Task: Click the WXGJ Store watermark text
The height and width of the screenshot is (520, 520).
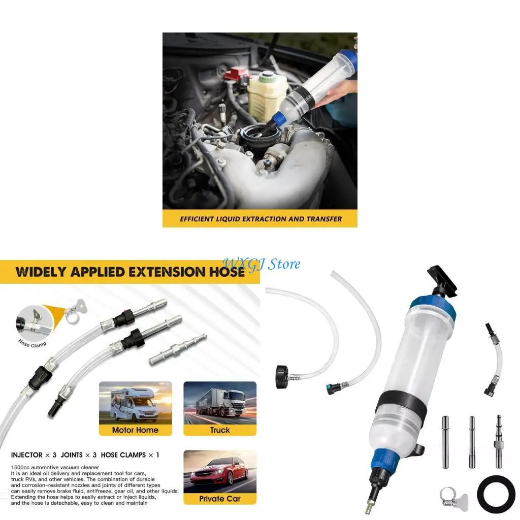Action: [x=262, y=264]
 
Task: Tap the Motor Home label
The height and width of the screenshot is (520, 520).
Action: [x=136, y=430]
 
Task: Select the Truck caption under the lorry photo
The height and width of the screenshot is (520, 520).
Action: [x=220, y=430]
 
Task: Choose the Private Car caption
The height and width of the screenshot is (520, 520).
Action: [x=220, y=498]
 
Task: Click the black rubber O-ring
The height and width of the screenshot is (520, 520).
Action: [x=496, y=494]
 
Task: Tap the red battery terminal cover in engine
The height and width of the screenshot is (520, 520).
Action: [x=237, y=74]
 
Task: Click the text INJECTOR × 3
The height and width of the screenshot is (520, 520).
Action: [x=34, y=455]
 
